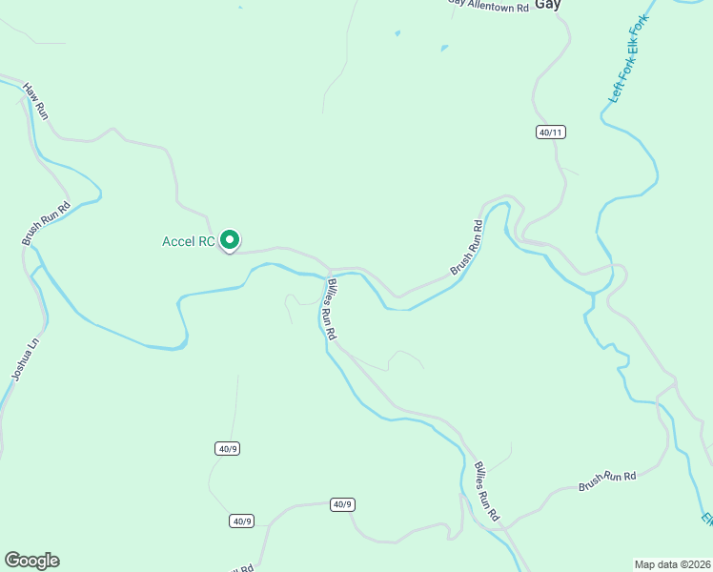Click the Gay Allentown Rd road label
click(488, 7)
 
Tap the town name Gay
click(547, 5)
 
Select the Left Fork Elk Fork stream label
click(628, 59)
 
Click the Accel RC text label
click(188, 241)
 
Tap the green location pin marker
click(229, 240)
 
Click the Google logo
click(31, 561)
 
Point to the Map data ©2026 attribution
click(673, 564)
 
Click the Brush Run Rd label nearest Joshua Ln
click(47, 223)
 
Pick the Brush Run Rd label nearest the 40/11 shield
click(464, 248)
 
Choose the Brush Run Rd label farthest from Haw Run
click(607, 480)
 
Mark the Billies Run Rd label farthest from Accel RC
click(486, 492)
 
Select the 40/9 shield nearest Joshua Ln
click(226, 448)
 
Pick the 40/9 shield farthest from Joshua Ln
click(342, 503)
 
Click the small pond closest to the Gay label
click(444, 47)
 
